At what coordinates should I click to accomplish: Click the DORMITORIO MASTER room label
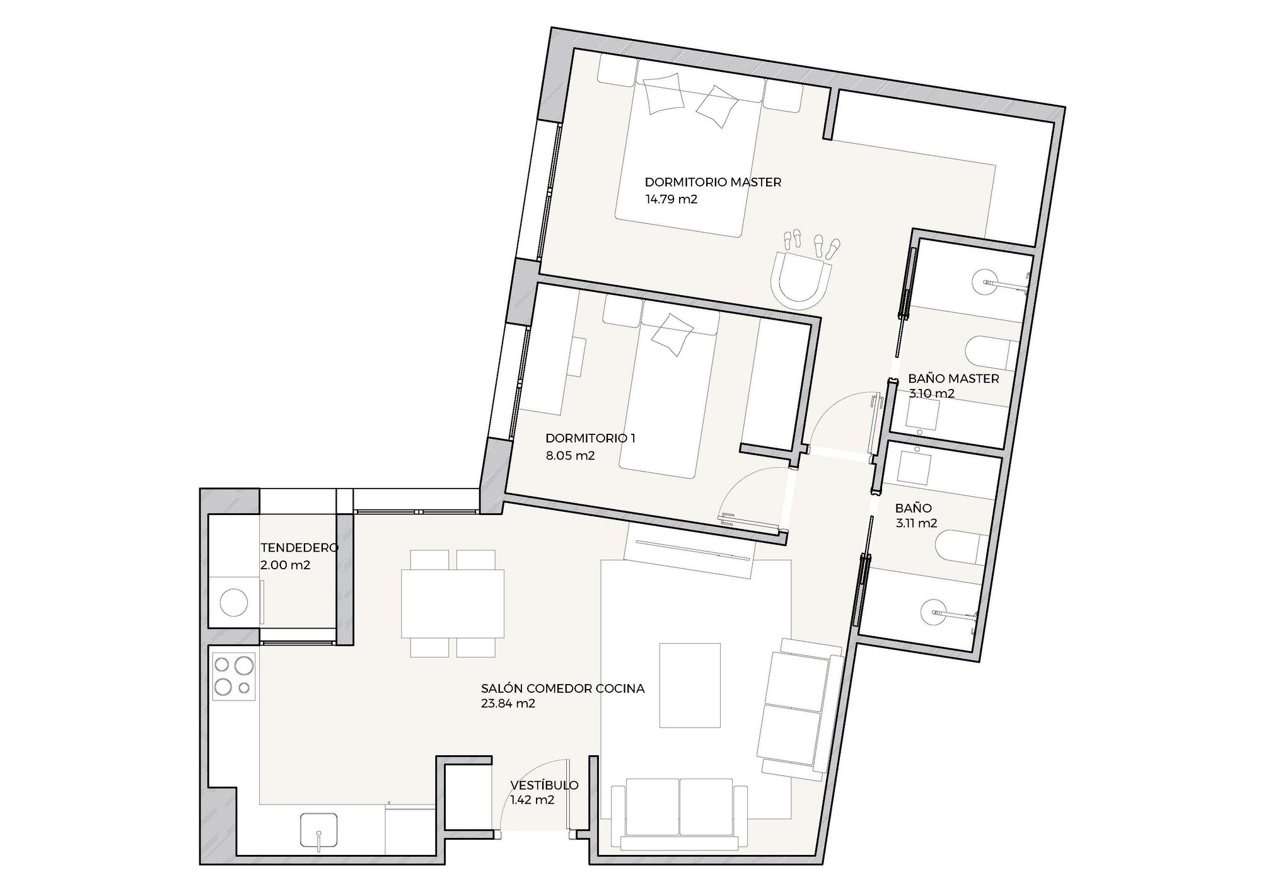point(712,182)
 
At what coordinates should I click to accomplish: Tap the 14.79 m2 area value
point(671,200)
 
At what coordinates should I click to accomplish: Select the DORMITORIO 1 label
point(590,438)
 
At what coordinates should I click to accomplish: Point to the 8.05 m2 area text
point(570,456)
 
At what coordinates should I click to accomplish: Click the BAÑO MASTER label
point(953,379)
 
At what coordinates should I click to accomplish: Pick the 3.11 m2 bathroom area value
point(916,523)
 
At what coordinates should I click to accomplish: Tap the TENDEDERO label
point(299,547)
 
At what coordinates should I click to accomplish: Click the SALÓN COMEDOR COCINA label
point(562,688)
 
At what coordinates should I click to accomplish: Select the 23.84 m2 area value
point(508,704)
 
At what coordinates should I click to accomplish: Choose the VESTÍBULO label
point(544,786)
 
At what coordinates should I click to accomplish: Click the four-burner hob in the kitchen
point(234,677)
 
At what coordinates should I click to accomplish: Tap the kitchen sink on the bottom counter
point(320,832)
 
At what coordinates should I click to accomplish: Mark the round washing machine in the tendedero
point(233,601)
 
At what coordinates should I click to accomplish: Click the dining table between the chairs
point(453,604)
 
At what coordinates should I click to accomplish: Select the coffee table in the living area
point(690,685)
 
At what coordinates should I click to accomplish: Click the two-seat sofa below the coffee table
point(679,814)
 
